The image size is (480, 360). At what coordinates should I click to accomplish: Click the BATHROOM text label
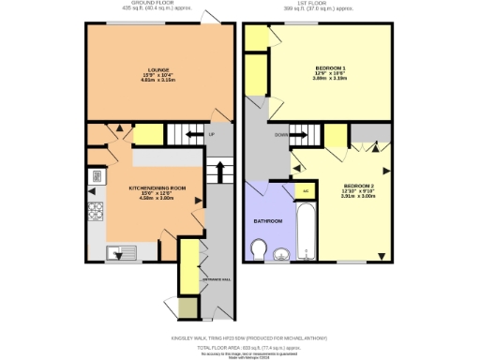(267, 220)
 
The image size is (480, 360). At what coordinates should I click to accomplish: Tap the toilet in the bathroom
(261, 249)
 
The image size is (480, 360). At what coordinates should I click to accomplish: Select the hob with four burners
(96, 213)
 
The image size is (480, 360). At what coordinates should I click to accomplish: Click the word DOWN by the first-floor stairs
(281, 134)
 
